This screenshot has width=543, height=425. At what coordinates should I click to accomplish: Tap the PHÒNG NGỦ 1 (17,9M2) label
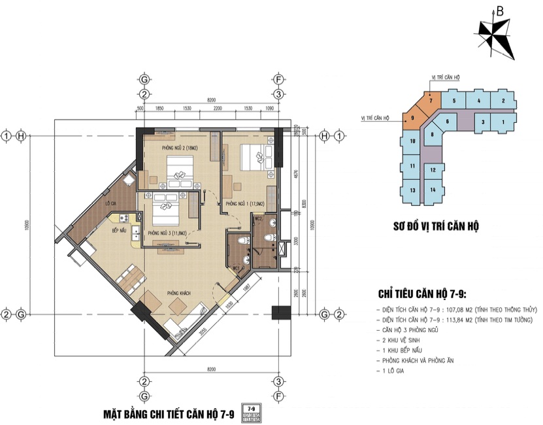coord(239,204)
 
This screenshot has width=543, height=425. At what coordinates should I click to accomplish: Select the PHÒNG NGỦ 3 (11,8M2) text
coord(167,233)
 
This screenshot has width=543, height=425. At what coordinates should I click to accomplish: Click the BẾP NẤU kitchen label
coord(119,231)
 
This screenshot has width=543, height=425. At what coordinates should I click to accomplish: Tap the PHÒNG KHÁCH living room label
coord(178,292)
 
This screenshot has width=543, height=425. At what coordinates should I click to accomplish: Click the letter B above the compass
coord(499,10)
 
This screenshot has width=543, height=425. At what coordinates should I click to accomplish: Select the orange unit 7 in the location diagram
coord(431,101)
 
